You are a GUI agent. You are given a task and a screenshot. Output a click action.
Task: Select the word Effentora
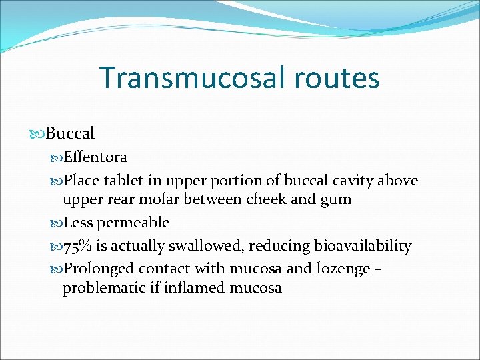pyautogui.click(x=95, y=157)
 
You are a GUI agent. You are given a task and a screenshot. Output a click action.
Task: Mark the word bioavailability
pyautogui.click(x=359, y=246)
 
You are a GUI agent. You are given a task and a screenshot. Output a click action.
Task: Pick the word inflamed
pyautogui.click(x=198, y=288)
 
